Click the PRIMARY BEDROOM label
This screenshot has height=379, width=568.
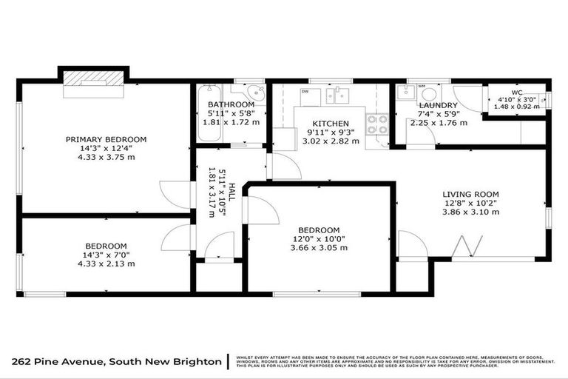[106, 139]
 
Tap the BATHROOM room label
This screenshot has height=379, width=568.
[231, 105]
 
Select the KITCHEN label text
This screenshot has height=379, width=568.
[325, 123]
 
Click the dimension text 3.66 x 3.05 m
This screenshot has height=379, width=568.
[319, 249]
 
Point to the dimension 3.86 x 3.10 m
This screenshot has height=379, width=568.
[470, 212]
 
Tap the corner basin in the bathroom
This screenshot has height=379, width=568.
[257, 93]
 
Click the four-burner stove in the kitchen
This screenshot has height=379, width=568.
[377, 124]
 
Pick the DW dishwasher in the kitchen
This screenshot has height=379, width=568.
[305, 92]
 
